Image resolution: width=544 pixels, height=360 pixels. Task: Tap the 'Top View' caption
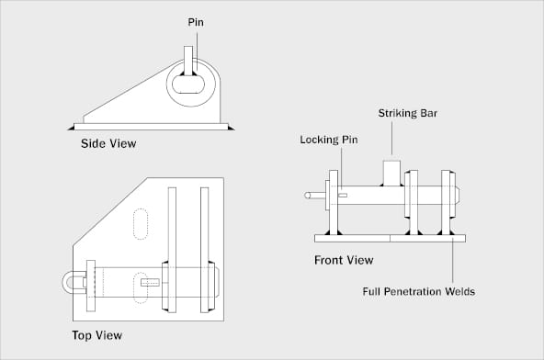pyautogui.click(x=96, y=335)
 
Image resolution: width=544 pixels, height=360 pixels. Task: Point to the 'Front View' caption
pyautogui.click(x=344, y=260)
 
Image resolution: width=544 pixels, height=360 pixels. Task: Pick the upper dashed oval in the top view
pyautogui.click(x=141, y=224)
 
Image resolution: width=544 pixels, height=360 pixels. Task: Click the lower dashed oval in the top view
pyautogui.click(x=141, y=286)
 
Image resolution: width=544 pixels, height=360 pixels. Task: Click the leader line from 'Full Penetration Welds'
pyautogui.click(x=453, y=263)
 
